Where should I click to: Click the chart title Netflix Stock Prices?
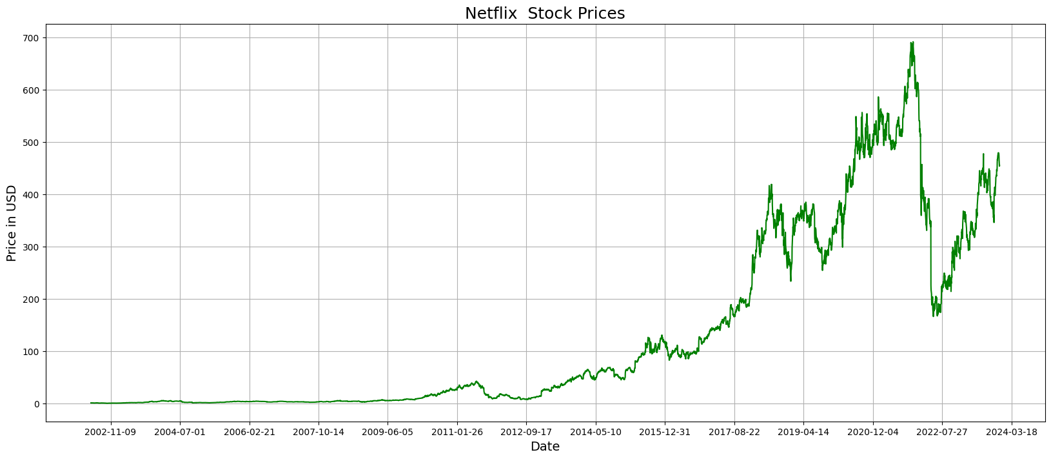tap(545, 14)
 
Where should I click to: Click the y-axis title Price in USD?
tap(12, 223)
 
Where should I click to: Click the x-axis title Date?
tap(545, 447)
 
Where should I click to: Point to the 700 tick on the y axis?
tap(31, 38)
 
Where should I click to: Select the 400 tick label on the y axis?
tap(31, 195)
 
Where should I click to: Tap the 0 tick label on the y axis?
tap(36, 404)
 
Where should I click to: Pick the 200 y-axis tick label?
tap(31, 300)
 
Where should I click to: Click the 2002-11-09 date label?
tap(111, 433)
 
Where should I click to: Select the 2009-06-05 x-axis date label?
tap(388, 433)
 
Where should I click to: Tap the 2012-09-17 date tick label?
tap(526, 433)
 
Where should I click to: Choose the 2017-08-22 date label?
tap(734, 433)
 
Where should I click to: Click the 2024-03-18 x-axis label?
tap(1011, 433)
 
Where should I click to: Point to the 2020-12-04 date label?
tap(872, 433)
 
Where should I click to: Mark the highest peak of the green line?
tap(912, 43)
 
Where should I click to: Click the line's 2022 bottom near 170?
tap(933, 316)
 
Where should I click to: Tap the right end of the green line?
tap(999, 166)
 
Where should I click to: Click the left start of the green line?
tap(91, 403)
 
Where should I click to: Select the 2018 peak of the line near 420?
tap(771, 185)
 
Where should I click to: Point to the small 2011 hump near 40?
tap(476, 382)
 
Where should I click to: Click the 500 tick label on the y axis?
tap(31, 143)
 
